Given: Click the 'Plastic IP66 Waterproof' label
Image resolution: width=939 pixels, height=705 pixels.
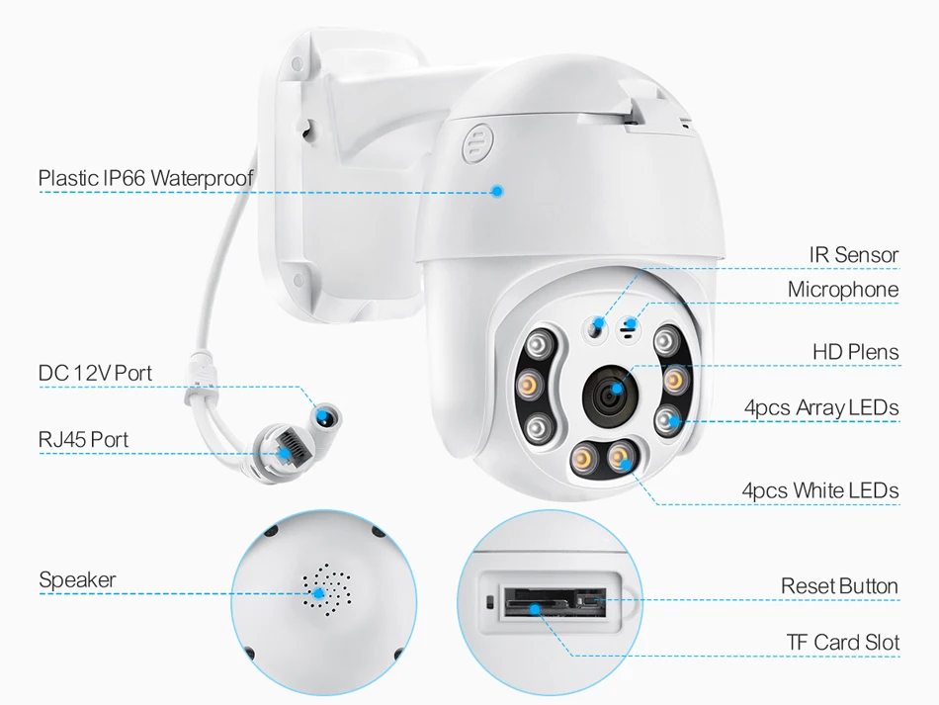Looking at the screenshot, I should point(145,178).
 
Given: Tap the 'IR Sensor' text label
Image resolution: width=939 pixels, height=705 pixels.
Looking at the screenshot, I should point(853,255).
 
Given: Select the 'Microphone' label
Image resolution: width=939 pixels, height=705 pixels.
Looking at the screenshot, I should point(842,290).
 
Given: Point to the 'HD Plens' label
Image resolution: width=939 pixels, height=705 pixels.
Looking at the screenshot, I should point(855,352).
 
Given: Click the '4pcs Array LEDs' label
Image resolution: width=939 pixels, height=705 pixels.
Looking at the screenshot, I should point(820,407).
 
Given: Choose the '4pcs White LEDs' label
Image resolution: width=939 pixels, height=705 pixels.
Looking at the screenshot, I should point(819,490).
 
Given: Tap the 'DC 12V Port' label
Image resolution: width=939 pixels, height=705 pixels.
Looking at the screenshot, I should point(95,373).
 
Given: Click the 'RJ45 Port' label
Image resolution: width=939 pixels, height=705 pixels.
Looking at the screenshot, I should point(83,439).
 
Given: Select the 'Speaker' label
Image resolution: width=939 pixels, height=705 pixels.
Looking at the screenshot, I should point(77,580).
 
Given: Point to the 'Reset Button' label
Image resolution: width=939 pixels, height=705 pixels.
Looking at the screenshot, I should point(839,586).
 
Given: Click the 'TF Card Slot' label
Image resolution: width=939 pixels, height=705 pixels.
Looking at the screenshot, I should point(842,643).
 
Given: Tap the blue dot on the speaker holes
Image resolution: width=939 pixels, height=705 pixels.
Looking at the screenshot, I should point(319,593).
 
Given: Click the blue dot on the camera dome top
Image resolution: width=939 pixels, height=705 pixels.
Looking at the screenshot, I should point(498,190).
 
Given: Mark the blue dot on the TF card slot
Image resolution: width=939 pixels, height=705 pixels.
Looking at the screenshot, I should point(535,609).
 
